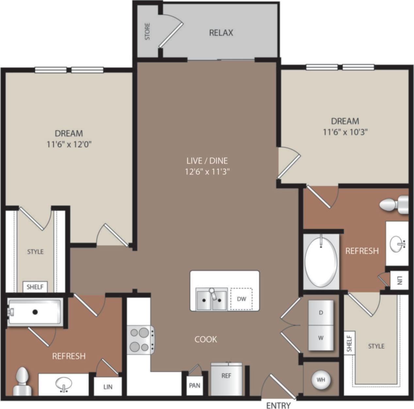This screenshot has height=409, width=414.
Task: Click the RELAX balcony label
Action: [x=221, y=33]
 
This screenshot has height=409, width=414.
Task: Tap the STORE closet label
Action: [x=147, y=31]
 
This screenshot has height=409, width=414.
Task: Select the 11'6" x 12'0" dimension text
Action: [x=69, y=144]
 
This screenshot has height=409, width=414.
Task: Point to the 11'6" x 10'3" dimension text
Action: [x=345, y=132]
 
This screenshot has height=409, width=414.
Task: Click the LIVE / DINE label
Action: [x=207, y=161]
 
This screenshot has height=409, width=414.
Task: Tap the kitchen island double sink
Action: [x=212, y=299]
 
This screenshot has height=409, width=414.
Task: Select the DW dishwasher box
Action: [x=241, y=299]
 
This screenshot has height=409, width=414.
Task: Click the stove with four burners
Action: [x=140, y=339]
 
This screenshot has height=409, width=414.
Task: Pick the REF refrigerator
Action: [x=226, y=379]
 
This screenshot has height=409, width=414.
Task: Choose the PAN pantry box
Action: [x=195, y=385]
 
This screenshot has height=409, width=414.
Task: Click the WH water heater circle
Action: [x=321, y=380]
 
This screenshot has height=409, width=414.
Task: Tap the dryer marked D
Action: [x=321, y=313]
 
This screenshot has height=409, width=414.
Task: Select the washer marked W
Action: [x=321, y=338]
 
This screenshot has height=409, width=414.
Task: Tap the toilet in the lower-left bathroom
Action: [x=22, y=382]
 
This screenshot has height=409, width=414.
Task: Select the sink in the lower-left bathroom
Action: [x=64, y=384]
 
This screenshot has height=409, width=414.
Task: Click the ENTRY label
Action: [x=278, y=405]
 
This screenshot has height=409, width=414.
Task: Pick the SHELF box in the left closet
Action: [x=35, y=287]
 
